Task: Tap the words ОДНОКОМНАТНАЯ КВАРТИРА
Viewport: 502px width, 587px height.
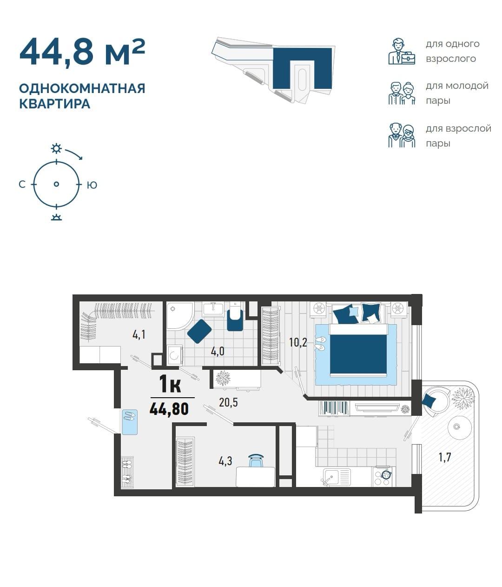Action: pos(82,96)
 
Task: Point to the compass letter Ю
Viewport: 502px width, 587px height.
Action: pos(92,185)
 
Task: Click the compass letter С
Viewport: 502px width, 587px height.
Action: pos(22,185)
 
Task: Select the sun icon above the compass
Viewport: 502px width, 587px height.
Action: pos(56,148)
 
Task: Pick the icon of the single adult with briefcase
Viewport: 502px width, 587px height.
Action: pos(401,52)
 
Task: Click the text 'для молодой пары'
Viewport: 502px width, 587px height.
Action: pos(457,93)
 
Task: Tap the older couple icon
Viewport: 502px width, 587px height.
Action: pos(401,135)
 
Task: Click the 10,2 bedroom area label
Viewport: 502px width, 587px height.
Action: pos(297,342)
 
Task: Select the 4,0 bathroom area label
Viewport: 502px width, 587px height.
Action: pos(218,351)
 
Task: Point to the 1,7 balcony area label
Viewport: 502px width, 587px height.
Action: pos(445,457)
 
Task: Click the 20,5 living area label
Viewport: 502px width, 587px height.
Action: pos(228,402)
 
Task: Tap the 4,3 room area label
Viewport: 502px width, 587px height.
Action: pos(225,461)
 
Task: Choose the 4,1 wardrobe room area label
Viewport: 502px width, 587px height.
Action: pos(139,334)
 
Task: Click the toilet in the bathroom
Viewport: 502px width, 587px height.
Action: pos(235,316)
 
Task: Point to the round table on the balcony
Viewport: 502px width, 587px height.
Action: pos(459,427)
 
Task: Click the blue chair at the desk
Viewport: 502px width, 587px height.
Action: pos(256,460)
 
